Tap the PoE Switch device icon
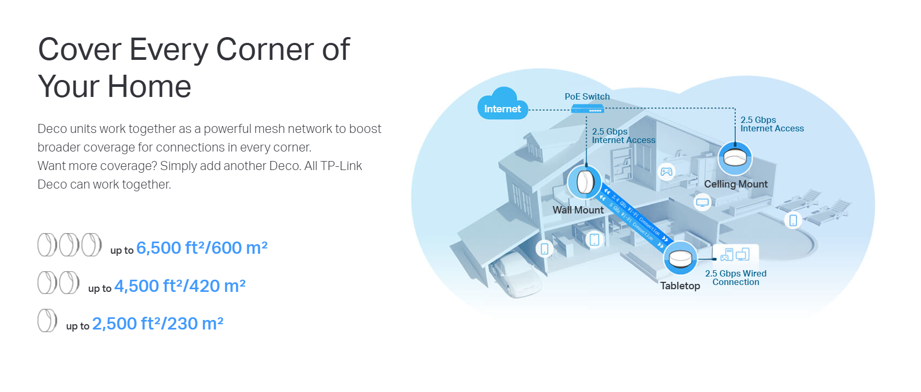587,109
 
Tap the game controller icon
666,172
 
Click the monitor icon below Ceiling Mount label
702,202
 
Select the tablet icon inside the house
594,239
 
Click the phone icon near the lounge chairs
793,220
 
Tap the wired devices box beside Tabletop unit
735,255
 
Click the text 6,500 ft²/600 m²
202,248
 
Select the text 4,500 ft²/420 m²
180,286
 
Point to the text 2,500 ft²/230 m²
158,324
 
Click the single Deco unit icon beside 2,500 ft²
47,320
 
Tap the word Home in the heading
149,86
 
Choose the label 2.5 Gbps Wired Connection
736,278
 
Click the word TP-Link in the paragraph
341,166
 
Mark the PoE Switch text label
587,96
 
